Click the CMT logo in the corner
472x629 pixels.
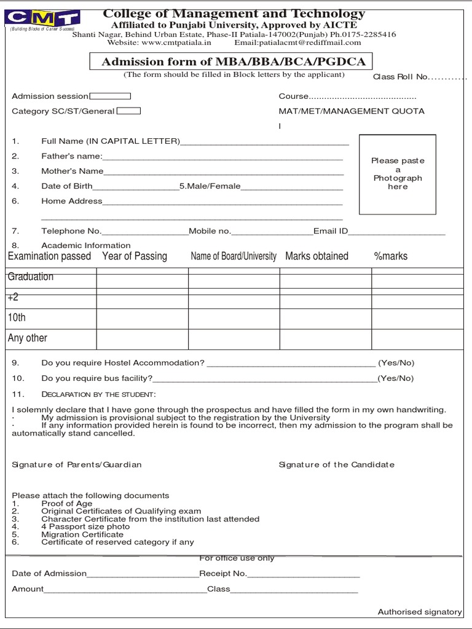[x=42, y=20]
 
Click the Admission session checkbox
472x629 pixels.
[x=110, y=96]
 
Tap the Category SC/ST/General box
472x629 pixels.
[x=128, y=111]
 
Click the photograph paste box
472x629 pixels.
[x=398, y=174]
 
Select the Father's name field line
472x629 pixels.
[x=222, y=158]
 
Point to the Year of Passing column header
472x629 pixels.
[x=135, y=256]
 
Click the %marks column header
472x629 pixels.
[x=390, y=256]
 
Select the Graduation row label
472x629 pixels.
[x=31, y=276]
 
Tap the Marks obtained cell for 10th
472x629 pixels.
[x=326, y=318]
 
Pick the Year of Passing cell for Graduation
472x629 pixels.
[x=142, y=278]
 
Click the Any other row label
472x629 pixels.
[x=28, y=338]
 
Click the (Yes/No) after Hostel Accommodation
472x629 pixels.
[x=396, y=363]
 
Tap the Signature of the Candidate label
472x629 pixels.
[x=336, y=464]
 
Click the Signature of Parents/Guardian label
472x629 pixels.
[x=77, y=464]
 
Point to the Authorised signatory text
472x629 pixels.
[x=419, y=612]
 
